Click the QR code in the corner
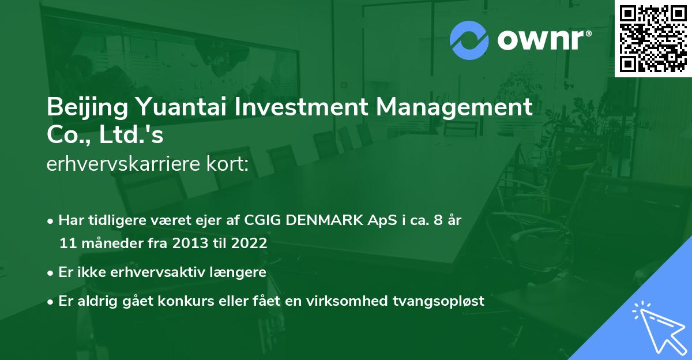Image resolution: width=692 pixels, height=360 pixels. pos(652,39)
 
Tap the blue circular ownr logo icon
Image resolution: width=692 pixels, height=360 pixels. pos(469,40)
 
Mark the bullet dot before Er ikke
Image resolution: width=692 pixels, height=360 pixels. pos(52,273)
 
